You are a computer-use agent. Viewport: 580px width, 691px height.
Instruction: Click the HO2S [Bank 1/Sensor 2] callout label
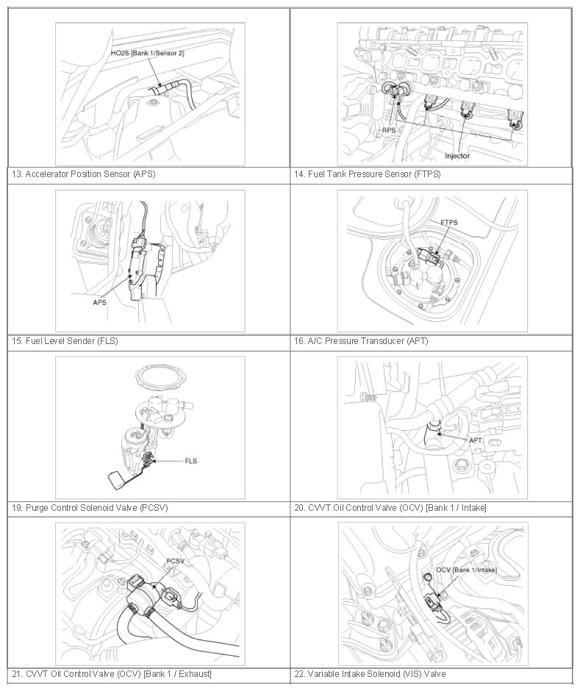pyautogui.click(x=147, y=53)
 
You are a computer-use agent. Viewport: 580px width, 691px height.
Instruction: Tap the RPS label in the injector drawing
pyautogui.click(x=389, y=130)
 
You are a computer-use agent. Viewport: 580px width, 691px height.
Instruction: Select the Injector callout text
pyautogui.click(x=457, y=156)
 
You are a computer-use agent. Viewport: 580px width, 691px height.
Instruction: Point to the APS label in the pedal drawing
pyautogui.click(x=99, y=302)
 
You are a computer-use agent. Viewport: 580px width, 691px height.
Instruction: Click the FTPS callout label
pyautogui.click(x=449, y=223)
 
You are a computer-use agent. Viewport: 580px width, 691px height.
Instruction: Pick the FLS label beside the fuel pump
pyautogui.click(x=191, y=461)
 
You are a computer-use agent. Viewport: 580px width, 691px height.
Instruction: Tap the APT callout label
pyautogui.click(x=476, y=440)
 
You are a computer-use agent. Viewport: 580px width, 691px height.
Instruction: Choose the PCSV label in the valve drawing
pyautogui.click(x=175, y=561)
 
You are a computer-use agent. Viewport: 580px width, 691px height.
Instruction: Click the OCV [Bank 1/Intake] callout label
pyautogui.click(x=466, y=570)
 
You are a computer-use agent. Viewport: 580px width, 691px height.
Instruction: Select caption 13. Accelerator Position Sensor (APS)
pyautogui.click(x=83, y=174)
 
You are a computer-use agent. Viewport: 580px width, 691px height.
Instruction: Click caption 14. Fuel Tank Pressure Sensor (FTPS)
pyautogui.click(x=368, y=174)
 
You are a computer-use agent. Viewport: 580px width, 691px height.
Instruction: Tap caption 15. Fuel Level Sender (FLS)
pyautogui.click(x=65, y=340)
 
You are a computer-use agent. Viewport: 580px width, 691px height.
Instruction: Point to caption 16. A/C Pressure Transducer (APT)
pyautogui.click(x=361, y=340)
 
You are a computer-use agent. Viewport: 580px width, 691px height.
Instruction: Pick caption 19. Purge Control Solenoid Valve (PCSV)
pyautogui.click(x=90, y=508)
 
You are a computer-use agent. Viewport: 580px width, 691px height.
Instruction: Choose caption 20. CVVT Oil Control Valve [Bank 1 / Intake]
pyautogui.click(x=390, y=508)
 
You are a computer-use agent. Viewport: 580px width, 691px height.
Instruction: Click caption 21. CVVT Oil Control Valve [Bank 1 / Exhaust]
pyautogui.click(x=112, y=674)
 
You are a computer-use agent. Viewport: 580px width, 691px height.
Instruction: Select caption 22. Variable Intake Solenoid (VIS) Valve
pyautogui.click(x=370, y=674)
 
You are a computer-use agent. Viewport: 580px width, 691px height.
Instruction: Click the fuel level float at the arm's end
pyautogui.click(x=116, y=480)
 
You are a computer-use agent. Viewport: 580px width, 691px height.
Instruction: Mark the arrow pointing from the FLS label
pyautogui.click(x=168, y=462)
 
